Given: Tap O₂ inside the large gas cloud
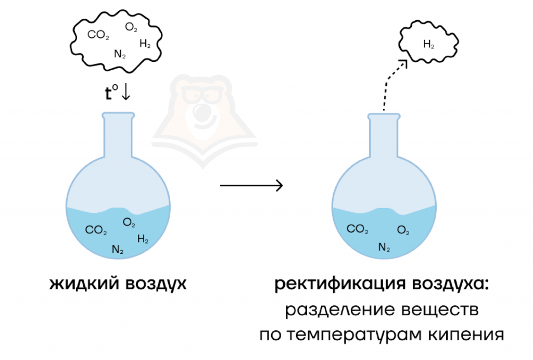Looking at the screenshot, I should (131, 27).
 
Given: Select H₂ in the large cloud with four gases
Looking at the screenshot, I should (145, 44).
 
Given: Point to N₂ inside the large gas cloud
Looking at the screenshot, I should (120, 53).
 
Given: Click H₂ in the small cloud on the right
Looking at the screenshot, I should (429, 45).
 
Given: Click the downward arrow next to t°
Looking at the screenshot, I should (126, 93).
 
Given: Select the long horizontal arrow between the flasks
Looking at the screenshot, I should (251, 185).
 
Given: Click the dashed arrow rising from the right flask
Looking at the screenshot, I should (391, 83).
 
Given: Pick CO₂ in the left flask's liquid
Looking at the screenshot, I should (96, 230).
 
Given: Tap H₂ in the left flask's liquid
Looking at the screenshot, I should (143, 239).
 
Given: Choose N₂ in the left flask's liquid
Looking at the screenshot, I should (118, 250).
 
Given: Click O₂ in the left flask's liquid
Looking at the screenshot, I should (129, 223).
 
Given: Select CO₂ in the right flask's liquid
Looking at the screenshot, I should (358, 229).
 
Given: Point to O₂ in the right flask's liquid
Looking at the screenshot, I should (403, 230).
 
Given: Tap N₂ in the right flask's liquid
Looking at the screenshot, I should (384, 248).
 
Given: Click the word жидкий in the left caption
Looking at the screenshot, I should (84, 284).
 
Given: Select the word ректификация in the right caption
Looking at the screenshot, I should (340, 285).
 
